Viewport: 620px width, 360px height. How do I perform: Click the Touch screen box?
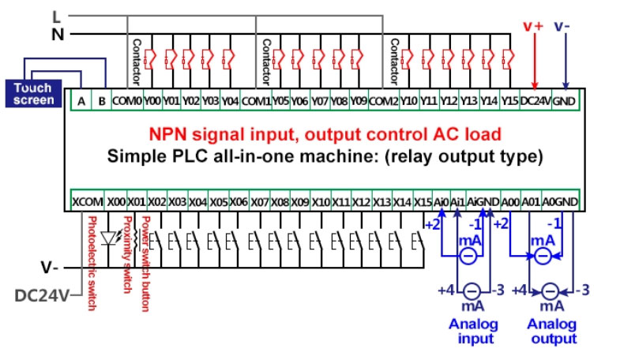tap(34, 93)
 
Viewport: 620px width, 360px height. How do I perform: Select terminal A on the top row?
tap(82, 101)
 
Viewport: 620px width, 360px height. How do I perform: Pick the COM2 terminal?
tap(384, 101)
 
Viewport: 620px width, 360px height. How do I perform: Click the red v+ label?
tap(534, 25)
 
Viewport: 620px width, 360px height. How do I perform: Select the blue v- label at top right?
tap(563, 25)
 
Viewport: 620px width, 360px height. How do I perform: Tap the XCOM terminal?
tap(88, 201)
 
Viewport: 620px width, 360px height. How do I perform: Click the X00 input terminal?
tap(117, 201)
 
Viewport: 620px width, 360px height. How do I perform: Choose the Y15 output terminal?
tap(509, 101)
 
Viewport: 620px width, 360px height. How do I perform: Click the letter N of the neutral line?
tap(57, 34)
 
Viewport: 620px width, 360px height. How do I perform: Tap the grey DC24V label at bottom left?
tap(42, 296)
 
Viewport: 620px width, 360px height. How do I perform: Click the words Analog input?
tap(474, 332)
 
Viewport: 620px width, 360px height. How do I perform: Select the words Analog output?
tap(552, 332)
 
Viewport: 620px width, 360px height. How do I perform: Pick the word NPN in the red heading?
tap(169, 135)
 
